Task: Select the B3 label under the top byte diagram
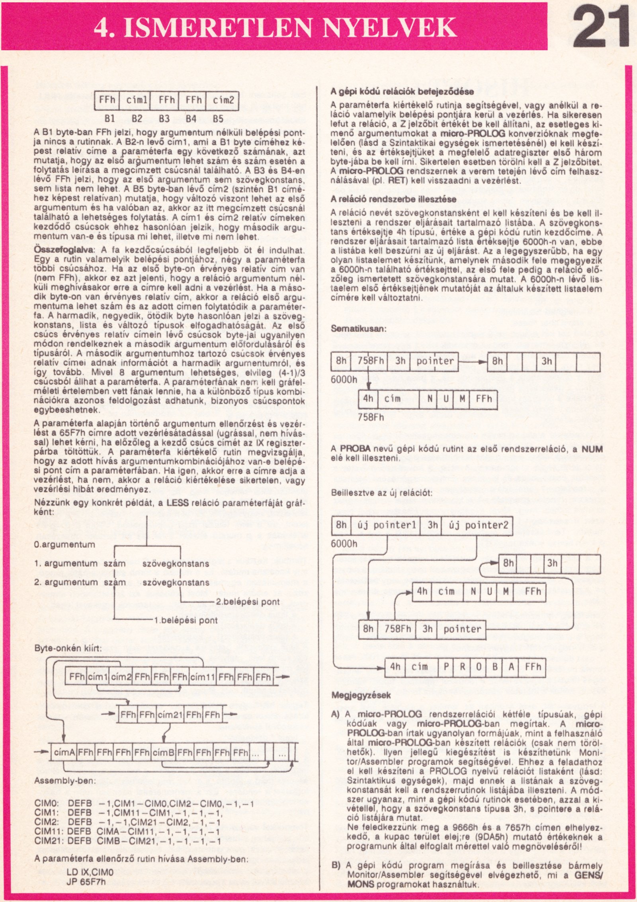point(164,118)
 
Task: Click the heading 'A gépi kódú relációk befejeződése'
point(402,92)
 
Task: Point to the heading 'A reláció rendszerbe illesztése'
point(394,199)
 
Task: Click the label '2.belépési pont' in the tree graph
point(248,601)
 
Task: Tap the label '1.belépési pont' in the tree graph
point(186,620)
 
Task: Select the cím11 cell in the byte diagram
point(203,677)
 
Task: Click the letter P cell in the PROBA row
point(446,667)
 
